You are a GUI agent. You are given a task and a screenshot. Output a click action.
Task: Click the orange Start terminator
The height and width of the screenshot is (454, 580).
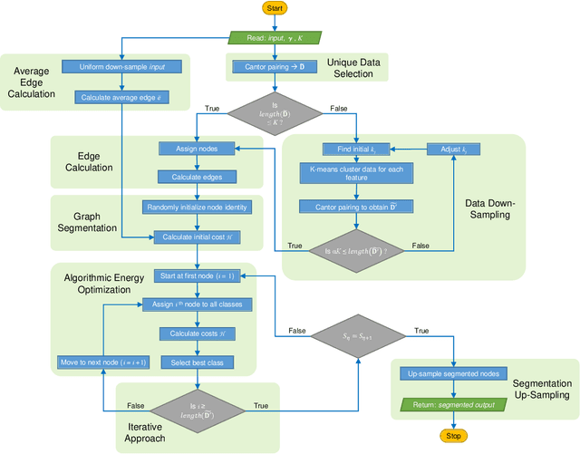click(x=275, y=8)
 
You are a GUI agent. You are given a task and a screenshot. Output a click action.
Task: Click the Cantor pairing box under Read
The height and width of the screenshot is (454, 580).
click(x=274, y=67)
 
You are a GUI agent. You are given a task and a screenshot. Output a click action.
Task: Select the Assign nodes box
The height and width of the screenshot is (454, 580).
click(x=196, y=149)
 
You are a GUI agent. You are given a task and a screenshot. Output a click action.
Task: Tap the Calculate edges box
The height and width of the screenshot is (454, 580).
click(x=196, y=177)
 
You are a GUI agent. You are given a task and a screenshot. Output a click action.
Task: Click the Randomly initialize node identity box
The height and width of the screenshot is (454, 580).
click(x=196, y=208)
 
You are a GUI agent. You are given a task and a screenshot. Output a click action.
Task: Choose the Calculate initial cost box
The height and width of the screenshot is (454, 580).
click(x=196, y=237)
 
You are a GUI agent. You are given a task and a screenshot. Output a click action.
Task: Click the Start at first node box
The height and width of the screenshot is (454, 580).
click(x=196, y=275)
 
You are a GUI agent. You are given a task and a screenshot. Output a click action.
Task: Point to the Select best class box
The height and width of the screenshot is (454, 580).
click(x=196, y=362)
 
